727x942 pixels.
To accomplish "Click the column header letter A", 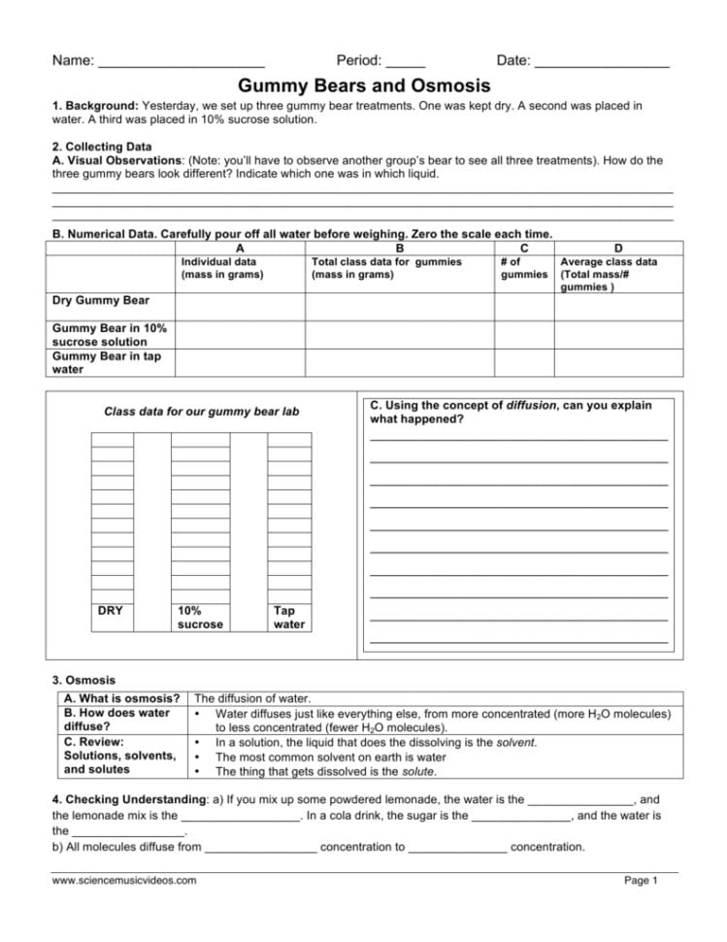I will pos(240,249).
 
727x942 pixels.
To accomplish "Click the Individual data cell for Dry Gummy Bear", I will pos(240,304).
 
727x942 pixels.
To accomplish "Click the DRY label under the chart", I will pos(111,610).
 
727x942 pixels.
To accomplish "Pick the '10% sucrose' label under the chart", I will pos(199,617).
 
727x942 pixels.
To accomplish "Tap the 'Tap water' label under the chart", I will pos(288,617).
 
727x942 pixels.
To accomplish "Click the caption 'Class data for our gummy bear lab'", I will pos(202,412).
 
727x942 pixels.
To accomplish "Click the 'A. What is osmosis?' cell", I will pos(121,698).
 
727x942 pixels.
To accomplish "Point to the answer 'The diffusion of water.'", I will pos(252,698).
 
